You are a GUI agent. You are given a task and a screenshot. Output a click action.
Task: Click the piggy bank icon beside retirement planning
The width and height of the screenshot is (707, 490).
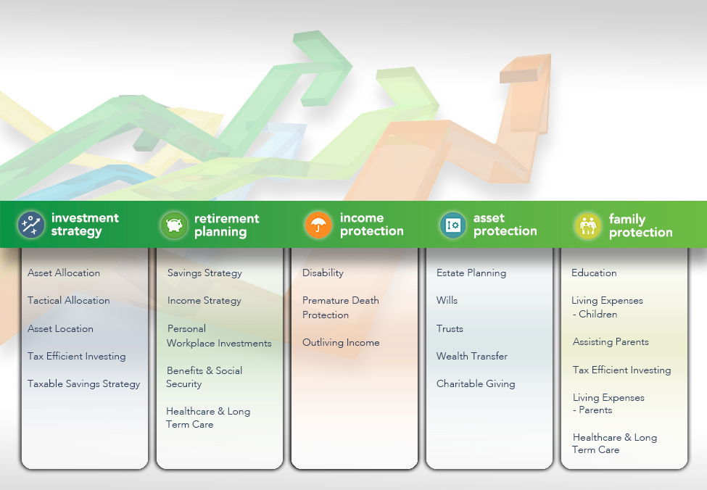click(174, 225)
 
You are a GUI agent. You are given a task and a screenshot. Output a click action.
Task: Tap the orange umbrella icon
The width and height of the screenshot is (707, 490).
click(318, 225)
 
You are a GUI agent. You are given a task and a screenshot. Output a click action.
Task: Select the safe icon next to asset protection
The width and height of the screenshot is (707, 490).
click(452, 225)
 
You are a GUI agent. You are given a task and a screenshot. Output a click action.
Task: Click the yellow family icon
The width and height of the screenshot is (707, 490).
click(588, 225)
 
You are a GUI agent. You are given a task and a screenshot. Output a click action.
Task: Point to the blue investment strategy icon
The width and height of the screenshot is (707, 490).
click(30, 225)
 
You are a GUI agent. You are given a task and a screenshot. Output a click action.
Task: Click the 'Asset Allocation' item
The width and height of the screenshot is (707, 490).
click(64, 273)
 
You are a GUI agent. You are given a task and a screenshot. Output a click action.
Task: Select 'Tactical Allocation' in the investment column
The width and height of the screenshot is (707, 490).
click(69, 300)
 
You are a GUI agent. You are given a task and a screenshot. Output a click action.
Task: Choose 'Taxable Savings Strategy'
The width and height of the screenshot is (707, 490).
click(84, 383)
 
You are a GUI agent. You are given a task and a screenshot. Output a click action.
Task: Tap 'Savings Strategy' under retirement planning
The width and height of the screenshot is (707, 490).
click(204, 273)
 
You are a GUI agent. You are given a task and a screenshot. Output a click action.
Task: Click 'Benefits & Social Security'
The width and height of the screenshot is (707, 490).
click(204, 377)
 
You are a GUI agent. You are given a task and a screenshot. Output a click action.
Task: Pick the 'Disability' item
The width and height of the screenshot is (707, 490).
click(323, 273)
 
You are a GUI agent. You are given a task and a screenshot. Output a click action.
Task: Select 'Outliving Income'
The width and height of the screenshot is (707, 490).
click(341, 343)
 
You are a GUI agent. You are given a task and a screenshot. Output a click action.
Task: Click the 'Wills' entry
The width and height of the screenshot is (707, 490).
click(447, 300)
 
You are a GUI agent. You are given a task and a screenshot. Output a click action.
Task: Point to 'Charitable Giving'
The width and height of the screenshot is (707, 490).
click(476, 383)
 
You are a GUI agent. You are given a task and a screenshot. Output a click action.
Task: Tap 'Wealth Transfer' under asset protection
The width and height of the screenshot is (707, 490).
click(472, 356)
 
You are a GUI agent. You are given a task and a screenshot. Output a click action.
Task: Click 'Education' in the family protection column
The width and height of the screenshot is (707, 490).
click(594, 273)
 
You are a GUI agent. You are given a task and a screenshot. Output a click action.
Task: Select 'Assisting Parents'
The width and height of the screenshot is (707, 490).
click(611, 341)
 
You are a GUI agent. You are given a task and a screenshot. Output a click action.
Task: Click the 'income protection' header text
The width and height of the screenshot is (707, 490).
click(371, 225)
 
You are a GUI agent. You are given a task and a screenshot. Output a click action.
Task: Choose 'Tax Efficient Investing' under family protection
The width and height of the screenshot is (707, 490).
click(621, 370)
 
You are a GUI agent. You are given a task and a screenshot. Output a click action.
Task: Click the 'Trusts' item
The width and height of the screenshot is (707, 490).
click(450, 328)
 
